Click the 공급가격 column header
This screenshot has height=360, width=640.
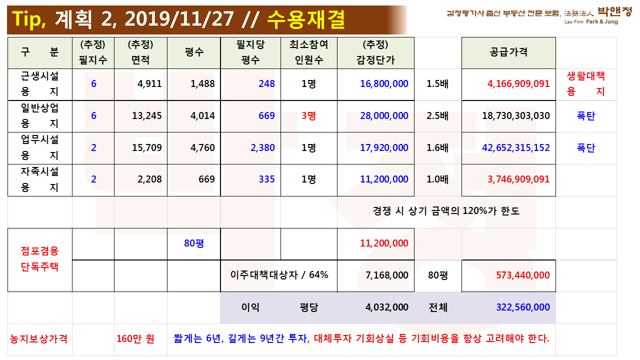[508, 52]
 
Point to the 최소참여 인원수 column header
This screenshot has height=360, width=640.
[308, 52]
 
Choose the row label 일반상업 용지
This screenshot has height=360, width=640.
[40, 115]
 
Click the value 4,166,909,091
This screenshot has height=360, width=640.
[518, 84]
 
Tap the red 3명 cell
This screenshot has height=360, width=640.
[308, 116]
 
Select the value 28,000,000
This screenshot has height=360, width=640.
[384, 116]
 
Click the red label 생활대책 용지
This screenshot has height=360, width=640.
[585, 83]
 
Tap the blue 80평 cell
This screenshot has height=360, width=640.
[193, 244]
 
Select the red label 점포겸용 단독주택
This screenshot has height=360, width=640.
[40, 259]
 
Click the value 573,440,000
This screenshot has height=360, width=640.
[522, 275]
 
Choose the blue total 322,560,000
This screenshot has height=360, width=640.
[522, 307]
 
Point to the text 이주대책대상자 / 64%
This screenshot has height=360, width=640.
[279, 275]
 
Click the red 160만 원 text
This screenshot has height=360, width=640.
[135, 339]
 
